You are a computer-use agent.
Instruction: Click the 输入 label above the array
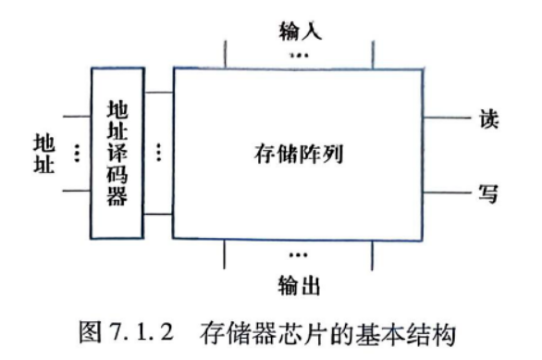tap(301, 31)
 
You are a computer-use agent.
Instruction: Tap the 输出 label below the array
tap(299, 285)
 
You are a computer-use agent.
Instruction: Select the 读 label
tap(488, 118)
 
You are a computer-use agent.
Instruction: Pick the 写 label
tap(488, 193)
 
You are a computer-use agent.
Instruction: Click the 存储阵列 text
tap(299, 154)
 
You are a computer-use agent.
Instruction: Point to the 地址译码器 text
tap(117, 153)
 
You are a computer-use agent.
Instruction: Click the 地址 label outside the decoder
tap(43, 154)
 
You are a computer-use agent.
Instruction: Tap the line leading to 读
tap(447, 118)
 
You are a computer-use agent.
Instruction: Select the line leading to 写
tap(447, 192)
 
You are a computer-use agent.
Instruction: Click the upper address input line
tap(77, 117)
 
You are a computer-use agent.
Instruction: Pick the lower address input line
tap(77, 191)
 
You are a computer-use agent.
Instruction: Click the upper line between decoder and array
tap(159, 93)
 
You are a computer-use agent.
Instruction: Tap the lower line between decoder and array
tap(158, 215)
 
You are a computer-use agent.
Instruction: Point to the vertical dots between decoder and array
tap(159, 153)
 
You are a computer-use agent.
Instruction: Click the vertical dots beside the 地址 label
tap(77, 154)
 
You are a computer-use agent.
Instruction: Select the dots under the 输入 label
tap(299, 55)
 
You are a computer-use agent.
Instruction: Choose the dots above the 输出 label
tap(299, 255)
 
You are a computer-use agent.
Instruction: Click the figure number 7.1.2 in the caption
tap(142, 331)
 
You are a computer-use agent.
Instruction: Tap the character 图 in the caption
tap(91, 332)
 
